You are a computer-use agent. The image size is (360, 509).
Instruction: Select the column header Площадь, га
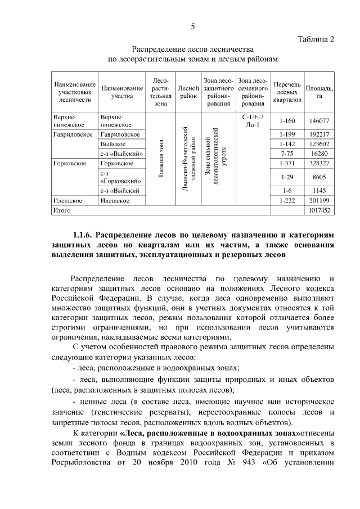[318, 92]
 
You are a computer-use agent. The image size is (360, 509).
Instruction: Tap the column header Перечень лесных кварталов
[286, 92]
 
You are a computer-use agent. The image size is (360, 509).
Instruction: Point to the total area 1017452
[318, 210]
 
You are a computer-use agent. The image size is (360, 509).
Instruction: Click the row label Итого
[61, 210]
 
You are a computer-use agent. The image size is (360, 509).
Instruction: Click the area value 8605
[318, 177]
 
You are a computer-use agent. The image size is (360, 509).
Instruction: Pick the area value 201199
[318, 200]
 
